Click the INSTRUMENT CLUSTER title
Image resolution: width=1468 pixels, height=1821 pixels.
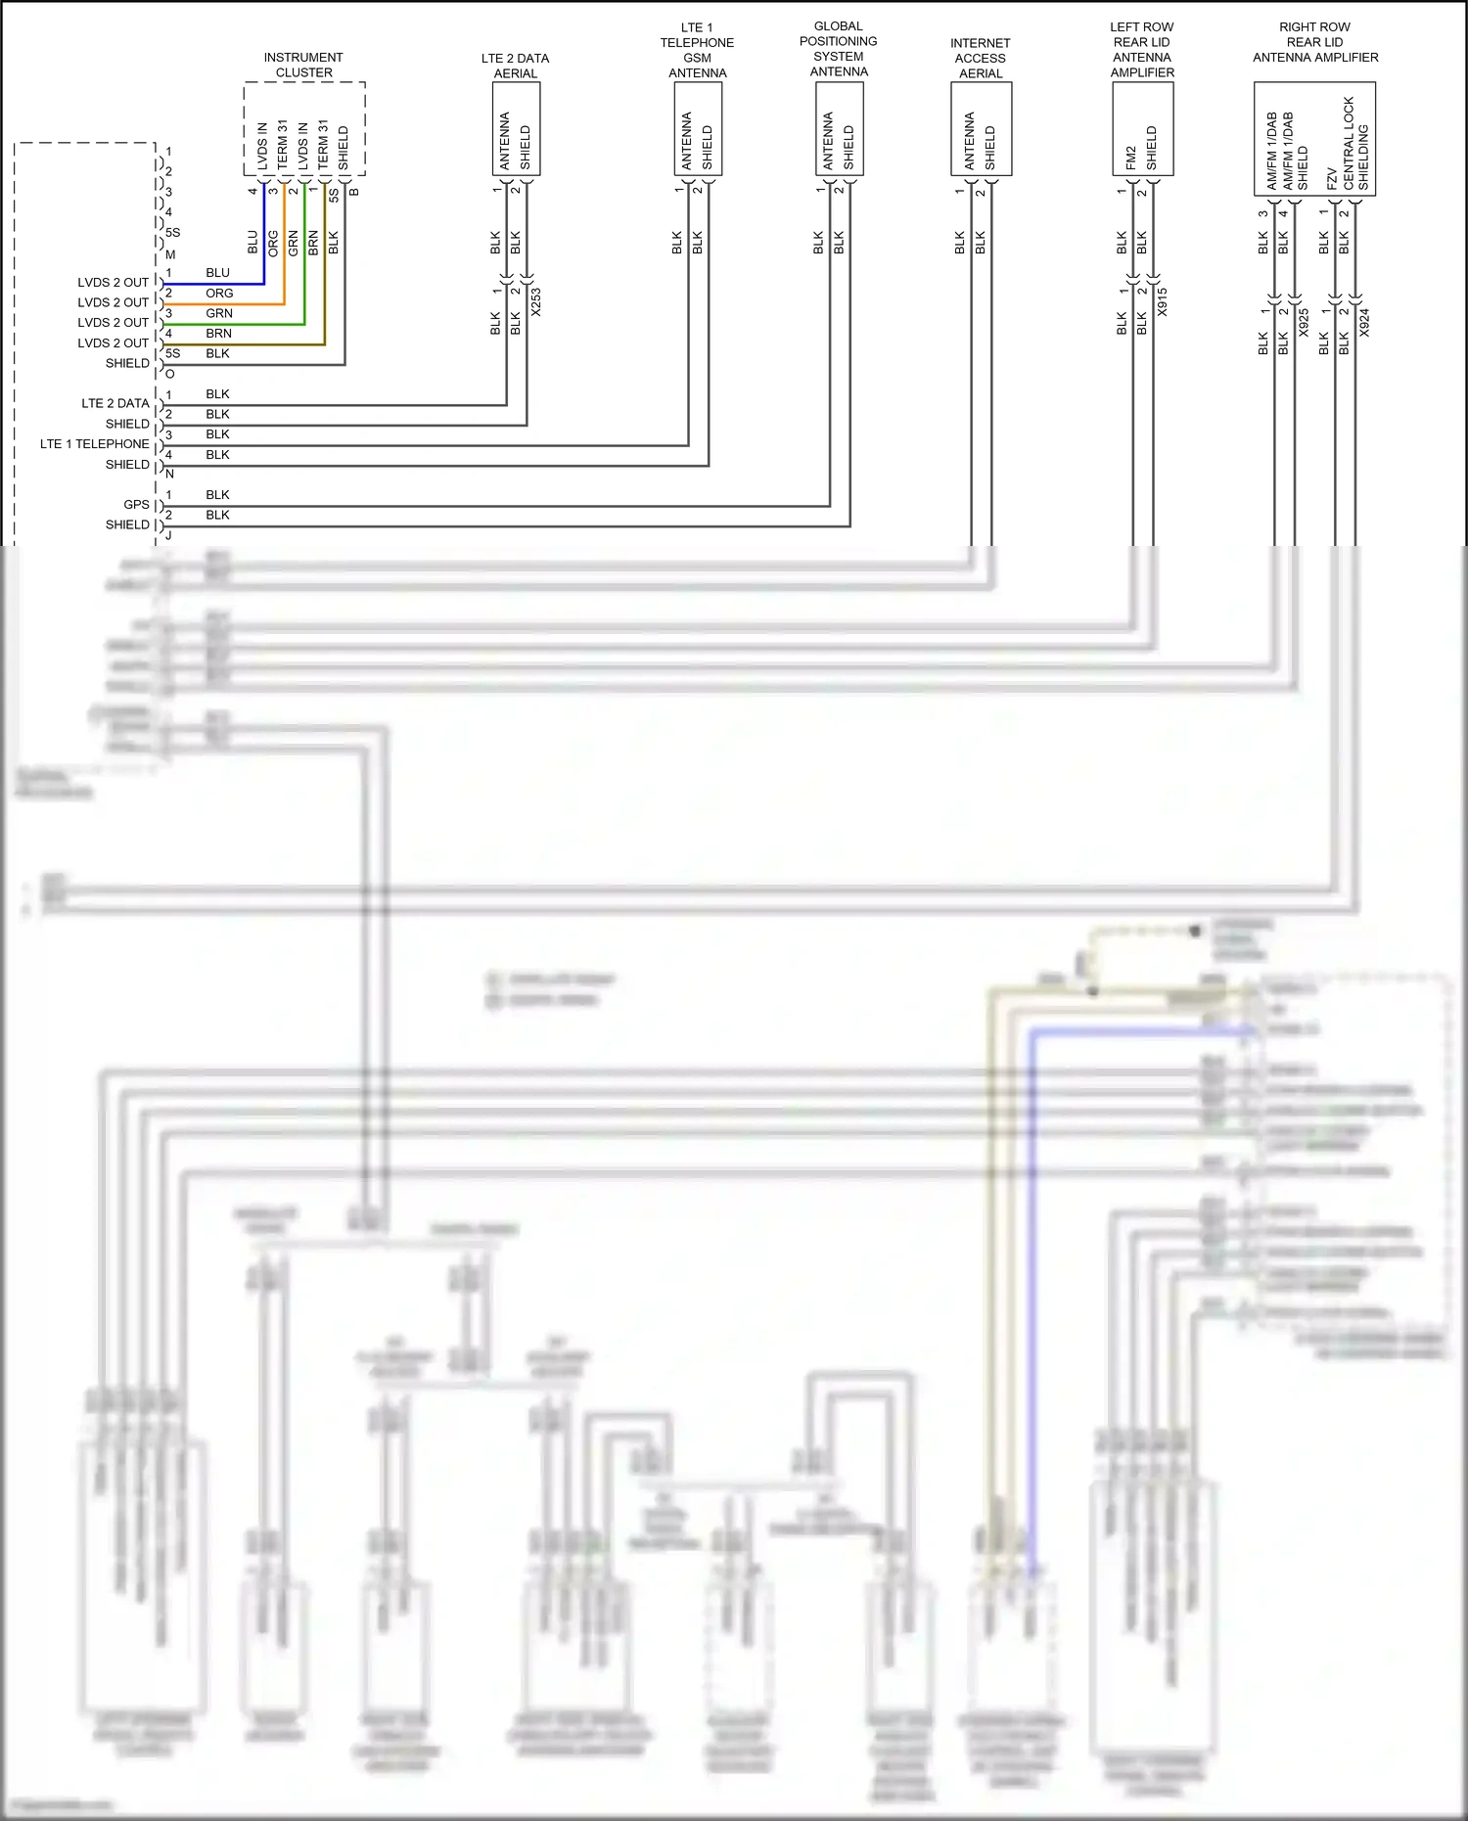pyautogui.click(x=303, y=65)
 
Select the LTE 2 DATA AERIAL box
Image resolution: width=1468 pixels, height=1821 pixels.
pyautogui.click(x=516, y=129)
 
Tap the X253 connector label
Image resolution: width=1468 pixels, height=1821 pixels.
pyautogui.click(x=535, y=302)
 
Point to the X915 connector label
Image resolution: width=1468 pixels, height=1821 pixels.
pyautogui.click(x=1162, y=301)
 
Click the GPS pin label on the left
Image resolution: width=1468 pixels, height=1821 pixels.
pyautogui.click(x=136, y=505)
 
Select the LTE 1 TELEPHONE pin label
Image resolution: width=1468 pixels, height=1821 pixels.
pyautogui.click(x=94, y=444)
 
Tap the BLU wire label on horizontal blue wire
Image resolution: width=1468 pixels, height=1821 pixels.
pyautogui.click(x=217, y=273)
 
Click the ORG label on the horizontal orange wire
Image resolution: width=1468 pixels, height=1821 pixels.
pyautogui.click(x=219, y=294)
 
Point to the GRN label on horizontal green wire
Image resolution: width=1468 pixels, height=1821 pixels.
pyautogui.click(x=219, y=313)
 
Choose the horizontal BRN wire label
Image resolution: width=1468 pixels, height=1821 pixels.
pyautogui.click(x=219, y=334)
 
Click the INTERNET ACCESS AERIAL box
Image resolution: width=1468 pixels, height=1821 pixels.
pyautogui.click(x=981, y=129)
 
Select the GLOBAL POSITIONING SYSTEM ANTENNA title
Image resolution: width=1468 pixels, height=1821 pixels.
pyautogui.click(x=839, y=49)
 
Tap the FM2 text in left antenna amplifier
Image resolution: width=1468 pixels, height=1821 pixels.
pyautogui.click(x=1131, y=157)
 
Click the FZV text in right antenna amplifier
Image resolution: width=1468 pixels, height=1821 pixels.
pyautogui.click(x=1332, y=178)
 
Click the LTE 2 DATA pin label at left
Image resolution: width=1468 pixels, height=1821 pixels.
pyautogui.click(x=115, y=403)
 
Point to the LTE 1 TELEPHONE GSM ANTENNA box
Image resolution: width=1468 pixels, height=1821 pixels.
pyautogui.click(x=698, y=129)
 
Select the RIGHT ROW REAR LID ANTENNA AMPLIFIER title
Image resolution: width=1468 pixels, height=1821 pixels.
pyautogui.click(x=1315, y=42)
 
